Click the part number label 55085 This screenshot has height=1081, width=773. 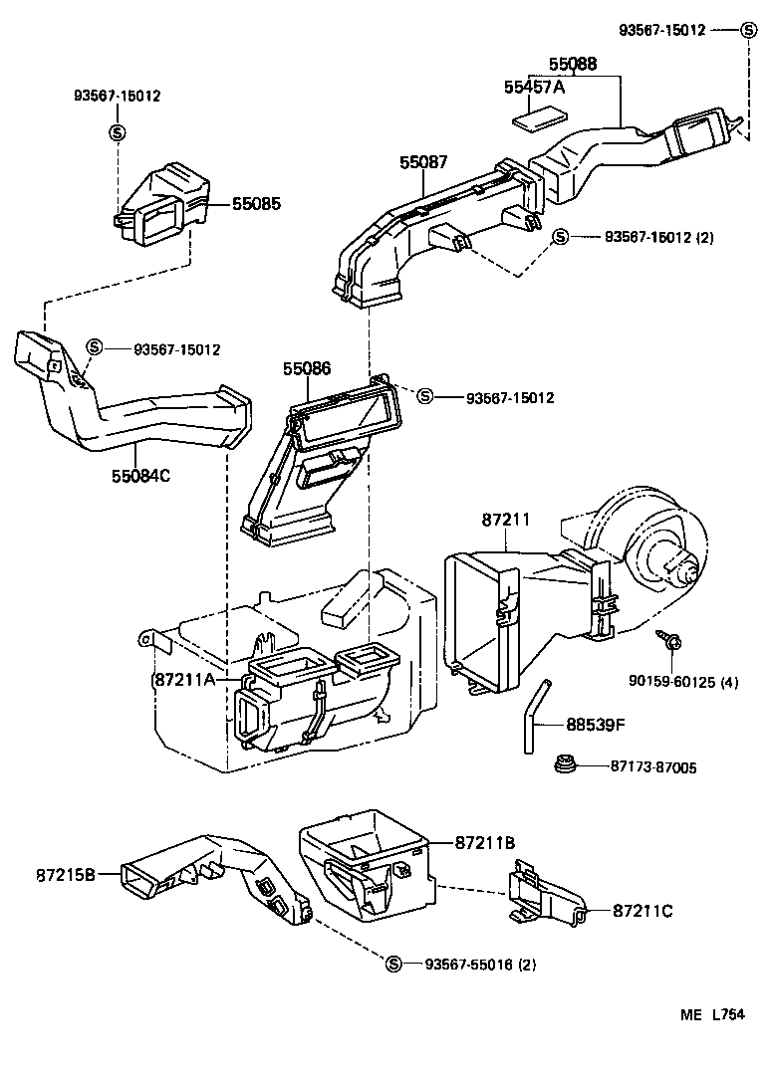tap(257, 204)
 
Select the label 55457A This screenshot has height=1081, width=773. tap(534, 88)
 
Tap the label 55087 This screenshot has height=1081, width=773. tap(423, 160)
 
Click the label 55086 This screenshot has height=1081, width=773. tap(307, 369)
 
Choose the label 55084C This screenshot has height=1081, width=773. tap(140, 476)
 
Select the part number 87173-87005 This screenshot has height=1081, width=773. tap(652, 767)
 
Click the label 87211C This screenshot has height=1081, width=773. tap(644, 910)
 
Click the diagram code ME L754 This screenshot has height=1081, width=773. tap(713, 1015)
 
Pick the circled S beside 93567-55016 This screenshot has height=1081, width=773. tap(393, 964)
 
